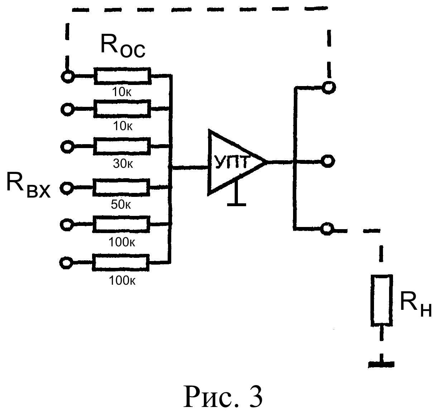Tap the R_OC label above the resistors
123,46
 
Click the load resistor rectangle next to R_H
382,300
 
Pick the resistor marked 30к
122,146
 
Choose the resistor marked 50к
121,188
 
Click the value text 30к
123,164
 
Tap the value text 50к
121,205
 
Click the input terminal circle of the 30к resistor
67,147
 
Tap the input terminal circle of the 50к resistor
67,188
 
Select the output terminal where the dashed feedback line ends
329,87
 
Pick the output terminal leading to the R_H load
327,229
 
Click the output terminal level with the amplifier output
328,161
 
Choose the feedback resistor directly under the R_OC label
123,76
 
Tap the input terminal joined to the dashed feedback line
68,77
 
